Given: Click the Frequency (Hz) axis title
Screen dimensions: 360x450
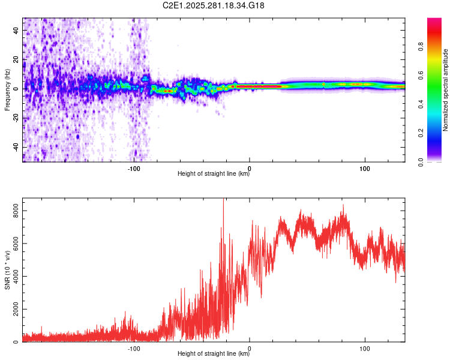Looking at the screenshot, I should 7,90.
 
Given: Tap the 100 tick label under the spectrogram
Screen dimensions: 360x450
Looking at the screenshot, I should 364,169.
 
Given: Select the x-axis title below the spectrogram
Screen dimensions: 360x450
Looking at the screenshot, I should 214,175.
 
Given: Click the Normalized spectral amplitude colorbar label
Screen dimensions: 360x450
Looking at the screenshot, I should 445,90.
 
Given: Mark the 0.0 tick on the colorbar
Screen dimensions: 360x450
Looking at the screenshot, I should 438,161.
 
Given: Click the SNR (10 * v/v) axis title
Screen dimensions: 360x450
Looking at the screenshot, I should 7,270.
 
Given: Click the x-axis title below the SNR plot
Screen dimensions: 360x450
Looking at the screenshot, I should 214,355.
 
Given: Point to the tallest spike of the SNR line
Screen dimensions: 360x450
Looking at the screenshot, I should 223,200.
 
